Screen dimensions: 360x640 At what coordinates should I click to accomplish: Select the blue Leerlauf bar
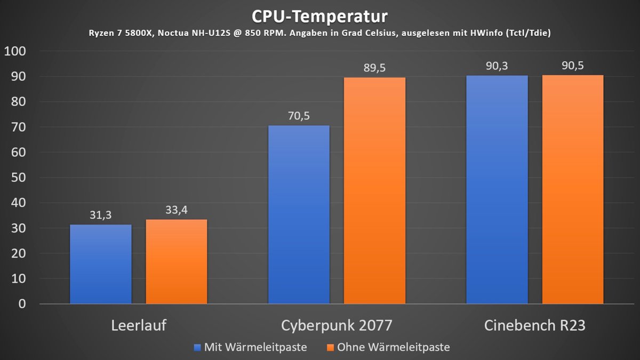[100, 264]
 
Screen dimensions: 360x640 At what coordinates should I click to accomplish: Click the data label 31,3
[100, 215]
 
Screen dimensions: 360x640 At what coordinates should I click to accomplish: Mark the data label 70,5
[299, 116]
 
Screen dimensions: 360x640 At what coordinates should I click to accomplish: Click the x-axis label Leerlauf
[139, 325]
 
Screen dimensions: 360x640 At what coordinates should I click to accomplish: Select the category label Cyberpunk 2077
[337, 325]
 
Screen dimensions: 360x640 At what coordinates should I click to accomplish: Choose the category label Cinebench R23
[534, 325]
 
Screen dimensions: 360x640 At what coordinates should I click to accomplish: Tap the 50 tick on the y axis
[18, 178]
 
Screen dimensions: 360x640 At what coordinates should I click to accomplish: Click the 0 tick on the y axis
[22, 304]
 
